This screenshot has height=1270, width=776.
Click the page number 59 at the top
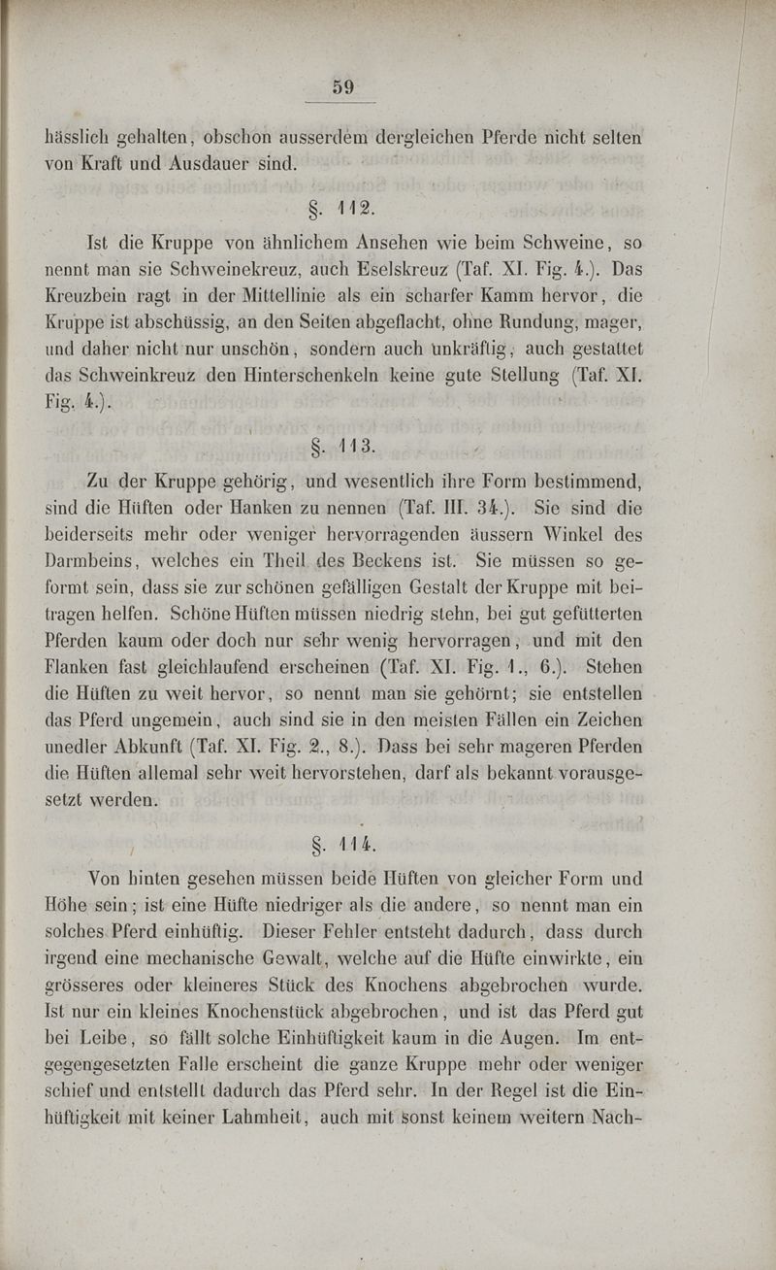(342, 86)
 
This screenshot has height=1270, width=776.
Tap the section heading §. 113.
(347, 447)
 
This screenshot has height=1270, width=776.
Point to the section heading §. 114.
(347, 841)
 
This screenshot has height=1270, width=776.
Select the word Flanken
(81, 669)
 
